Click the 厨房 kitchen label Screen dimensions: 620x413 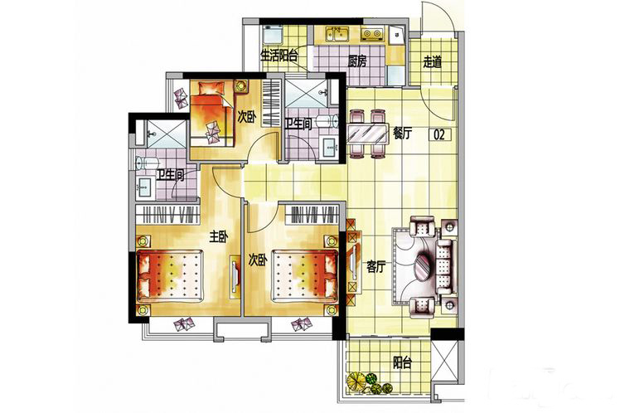357,61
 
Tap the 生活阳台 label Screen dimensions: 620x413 279,56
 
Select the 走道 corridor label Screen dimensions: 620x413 432,62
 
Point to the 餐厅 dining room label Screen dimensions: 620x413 402,134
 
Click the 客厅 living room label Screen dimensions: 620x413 375,267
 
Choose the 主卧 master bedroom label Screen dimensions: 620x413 219,237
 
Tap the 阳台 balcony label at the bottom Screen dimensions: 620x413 403,362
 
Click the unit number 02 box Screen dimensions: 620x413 439,134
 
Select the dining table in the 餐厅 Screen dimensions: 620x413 367,134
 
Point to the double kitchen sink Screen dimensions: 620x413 337,34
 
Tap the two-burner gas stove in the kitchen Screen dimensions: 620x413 372,35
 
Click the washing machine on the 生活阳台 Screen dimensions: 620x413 272,35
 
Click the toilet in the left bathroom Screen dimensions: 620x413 147,163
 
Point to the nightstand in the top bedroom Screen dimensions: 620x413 240,86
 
